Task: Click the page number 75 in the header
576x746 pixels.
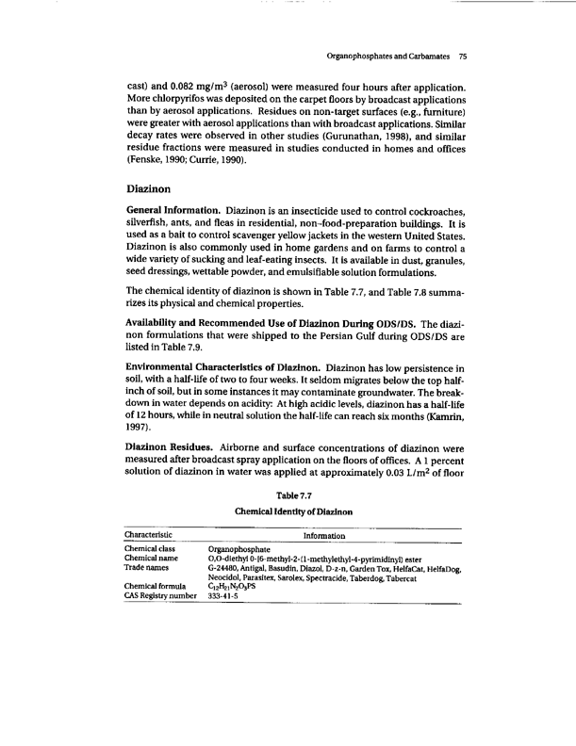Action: coord(462,56)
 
